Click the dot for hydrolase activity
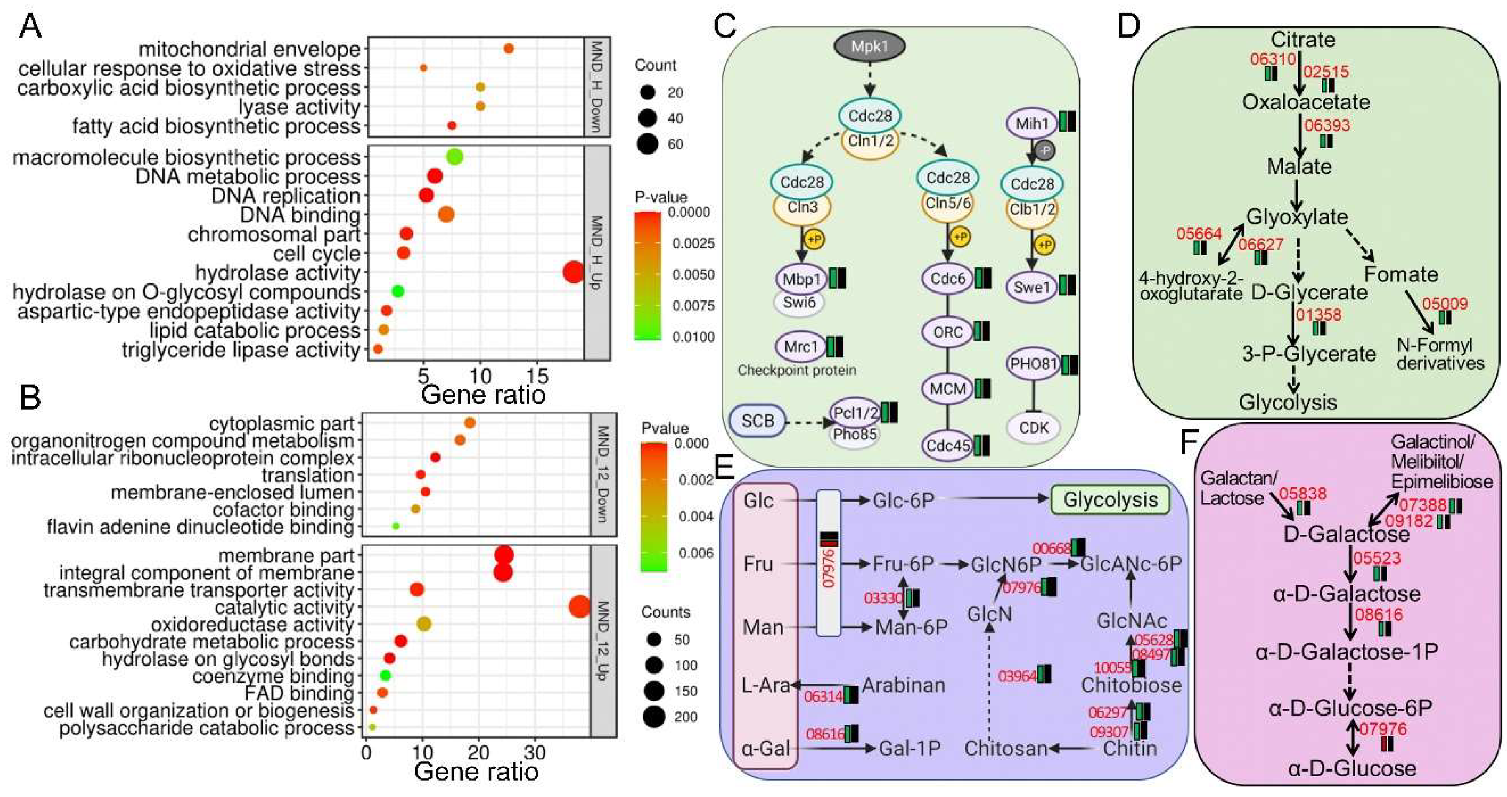[573, 272]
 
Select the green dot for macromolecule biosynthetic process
[455, 157]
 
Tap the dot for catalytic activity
[579, 606]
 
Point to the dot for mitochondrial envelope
[508, 48]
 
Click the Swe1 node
[1032, 287]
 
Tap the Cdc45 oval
[948, 446]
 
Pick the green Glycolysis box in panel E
[1110, 500]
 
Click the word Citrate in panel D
[1303, 40]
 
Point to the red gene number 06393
[1327, 125]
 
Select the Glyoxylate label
[1297, 217]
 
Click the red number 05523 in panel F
[1377, 558]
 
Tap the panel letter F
[1188, 442]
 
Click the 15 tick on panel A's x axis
[538, 374]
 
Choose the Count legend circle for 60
[648, 144]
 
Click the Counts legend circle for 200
[653, 717]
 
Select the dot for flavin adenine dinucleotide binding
[395, 526]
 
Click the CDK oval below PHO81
[1033, 427]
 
